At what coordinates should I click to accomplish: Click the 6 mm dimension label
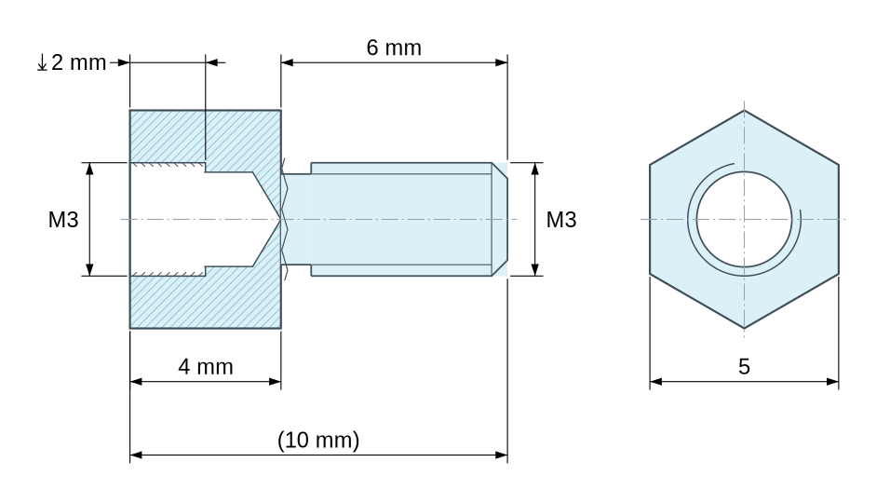(x=394, y=48)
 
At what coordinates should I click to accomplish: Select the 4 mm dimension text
(x=206, y=367)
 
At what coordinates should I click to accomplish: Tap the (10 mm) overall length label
(x=318, y=440)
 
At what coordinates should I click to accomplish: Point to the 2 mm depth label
(x=78, y=62)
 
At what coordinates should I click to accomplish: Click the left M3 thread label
(x=63, y=220)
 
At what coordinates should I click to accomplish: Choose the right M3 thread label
(x=561, y=220)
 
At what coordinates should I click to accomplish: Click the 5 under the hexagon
(x=744, y=367)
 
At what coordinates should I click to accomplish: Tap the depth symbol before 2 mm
(x=42, y=63)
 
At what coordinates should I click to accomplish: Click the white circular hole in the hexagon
(x=744, y=219)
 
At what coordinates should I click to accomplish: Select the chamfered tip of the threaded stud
(x=500, y=219)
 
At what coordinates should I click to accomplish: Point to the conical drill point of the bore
(x=267, y=219)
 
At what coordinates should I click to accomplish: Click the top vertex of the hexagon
(x=744, y=110)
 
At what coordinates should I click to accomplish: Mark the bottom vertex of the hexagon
(x=744, y=328)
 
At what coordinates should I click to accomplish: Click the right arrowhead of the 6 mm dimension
(x=501, y=62)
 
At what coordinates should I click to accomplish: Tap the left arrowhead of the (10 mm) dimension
(x=136, y=455)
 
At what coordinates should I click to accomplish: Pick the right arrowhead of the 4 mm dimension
(x=275, y=382)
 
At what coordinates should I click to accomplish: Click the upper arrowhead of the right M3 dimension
(x=534, y=170)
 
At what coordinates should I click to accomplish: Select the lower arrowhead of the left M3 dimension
(x=89, y=269)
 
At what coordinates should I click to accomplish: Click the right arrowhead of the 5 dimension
(x=832, y=382)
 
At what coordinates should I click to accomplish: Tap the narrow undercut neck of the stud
(x=296, y=219)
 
